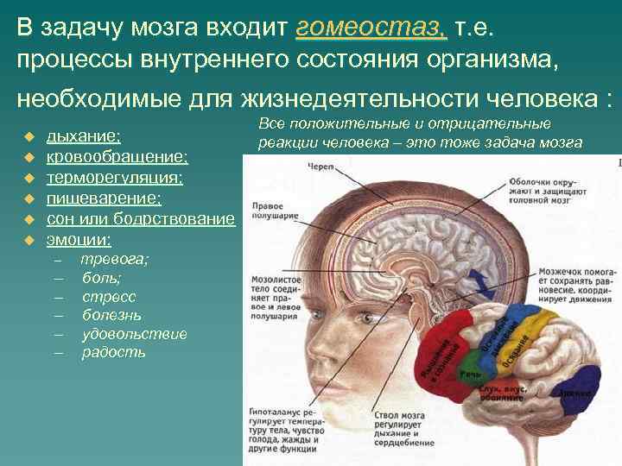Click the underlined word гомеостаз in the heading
point(371,28)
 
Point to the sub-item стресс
point(109,296)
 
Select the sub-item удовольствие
point(134,334)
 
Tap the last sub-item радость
point(113,353)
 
